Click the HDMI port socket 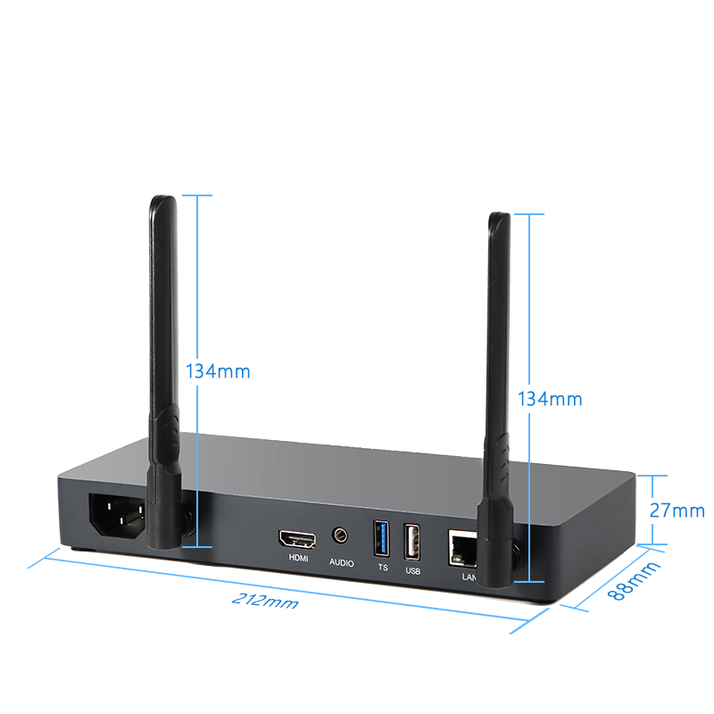[x=298, y=539]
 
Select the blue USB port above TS [x=382, y=539]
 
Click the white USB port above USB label [x=412, y=543]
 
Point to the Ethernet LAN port [x=462, y=548]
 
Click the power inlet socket [x=117, y=516]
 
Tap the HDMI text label [x=298, y=559]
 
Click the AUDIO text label [x=342, y=563]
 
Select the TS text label [x=383, y=568]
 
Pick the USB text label [x=413, y=571]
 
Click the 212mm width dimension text [x=265, y=601]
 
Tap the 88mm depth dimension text [x=634, y=581]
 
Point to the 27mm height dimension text [x=677, y=511]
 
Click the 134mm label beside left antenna [x=218, y=371]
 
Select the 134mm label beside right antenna [x=550, y=399]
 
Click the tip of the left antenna [x=163, y=196]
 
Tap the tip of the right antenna [x=500, y=213]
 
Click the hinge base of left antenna [x=164, y=524]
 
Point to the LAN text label [x=469, y=577]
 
